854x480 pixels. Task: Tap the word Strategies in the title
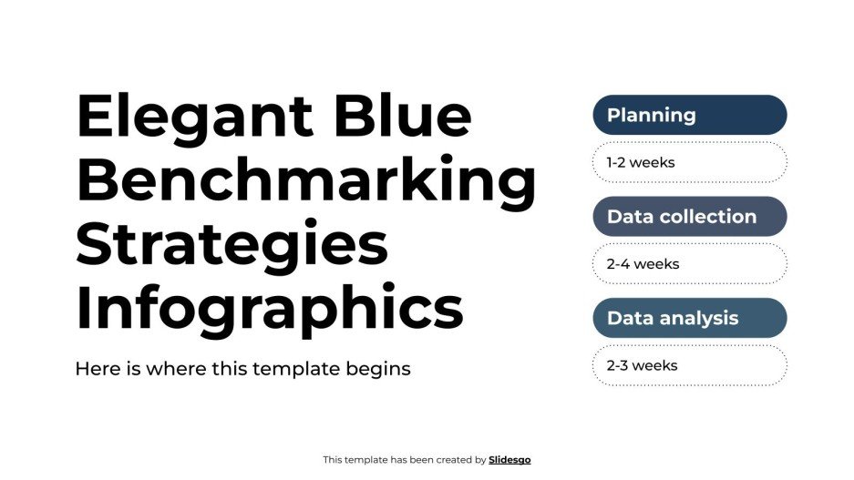232,245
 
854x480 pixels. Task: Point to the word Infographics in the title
269,309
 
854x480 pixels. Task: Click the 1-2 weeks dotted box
689,163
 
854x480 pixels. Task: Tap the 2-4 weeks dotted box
689,264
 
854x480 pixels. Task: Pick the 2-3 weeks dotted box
689,365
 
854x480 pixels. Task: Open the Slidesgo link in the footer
509,460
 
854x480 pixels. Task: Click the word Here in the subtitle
95,369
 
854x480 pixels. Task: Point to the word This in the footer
333,460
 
